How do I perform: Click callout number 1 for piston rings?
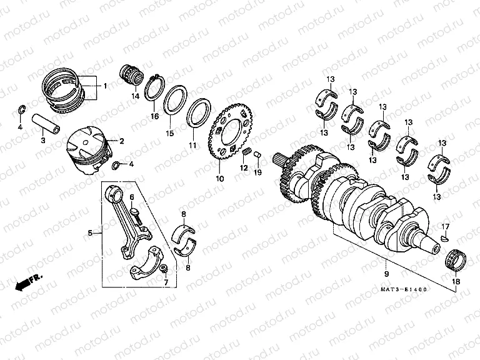click(x=105, y=85)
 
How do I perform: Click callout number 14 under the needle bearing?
click(x=134, y=96)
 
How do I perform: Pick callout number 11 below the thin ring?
click(x=192, y=145)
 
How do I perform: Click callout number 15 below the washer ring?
click(x=169, y=133)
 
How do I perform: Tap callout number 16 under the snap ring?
click(x=154, y=116)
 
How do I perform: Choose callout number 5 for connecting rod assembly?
click(x=90, y=233)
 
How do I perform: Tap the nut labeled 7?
click(x=164, y=269)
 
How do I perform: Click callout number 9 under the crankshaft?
click(x=386, y=274)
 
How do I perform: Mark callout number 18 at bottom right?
click(x=455, y=282)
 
